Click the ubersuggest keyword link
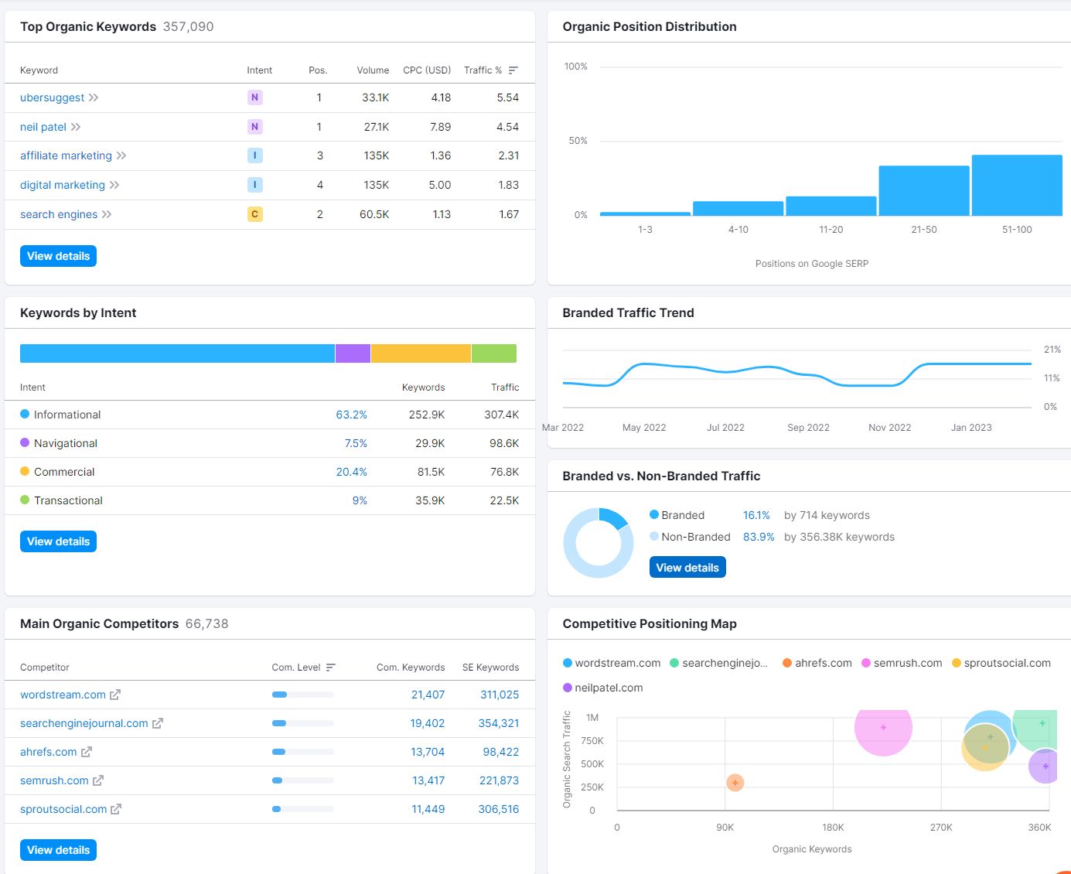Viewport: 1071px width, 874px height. [52, 97]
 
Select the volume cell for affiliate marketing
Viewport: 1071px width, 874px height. [376, 155]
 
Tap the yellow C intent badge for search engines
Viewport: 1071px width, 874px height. [254, 214]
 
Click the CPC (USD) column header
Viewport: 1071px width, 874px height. [427, 70]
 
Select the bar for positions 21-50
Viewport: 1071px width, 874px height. [923, 191]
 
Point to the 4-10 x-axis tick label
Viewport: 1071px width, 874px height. [738, 230]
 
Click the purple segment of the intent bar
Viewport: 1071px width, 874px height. [353, 353]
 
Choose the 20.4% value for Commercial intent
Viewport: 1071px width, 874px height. [351, 472]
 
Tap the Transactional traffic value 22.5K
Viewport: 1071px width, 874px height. [504, 500]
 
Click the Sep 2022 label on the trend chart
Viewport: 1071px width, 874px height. [808, 428]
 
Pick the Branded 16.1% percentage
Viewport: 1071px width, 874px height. [756, 515]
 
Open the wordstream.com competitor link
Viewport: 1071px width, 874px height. [63, 695]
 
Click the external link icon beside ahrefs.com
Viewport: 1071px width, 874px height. [87, 752]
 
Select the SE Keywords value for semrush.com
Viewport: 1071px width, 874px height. [499, 780]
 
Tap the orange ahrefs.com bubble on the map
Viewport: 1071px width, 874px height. [735, 783]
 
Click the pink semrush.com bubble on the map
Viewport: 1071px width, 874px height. [883, 728]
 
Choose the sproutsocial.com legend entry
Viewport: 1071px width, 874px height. [1001, 663]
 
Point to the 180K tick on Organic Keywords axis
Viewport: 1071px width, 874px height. [833, 828]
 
